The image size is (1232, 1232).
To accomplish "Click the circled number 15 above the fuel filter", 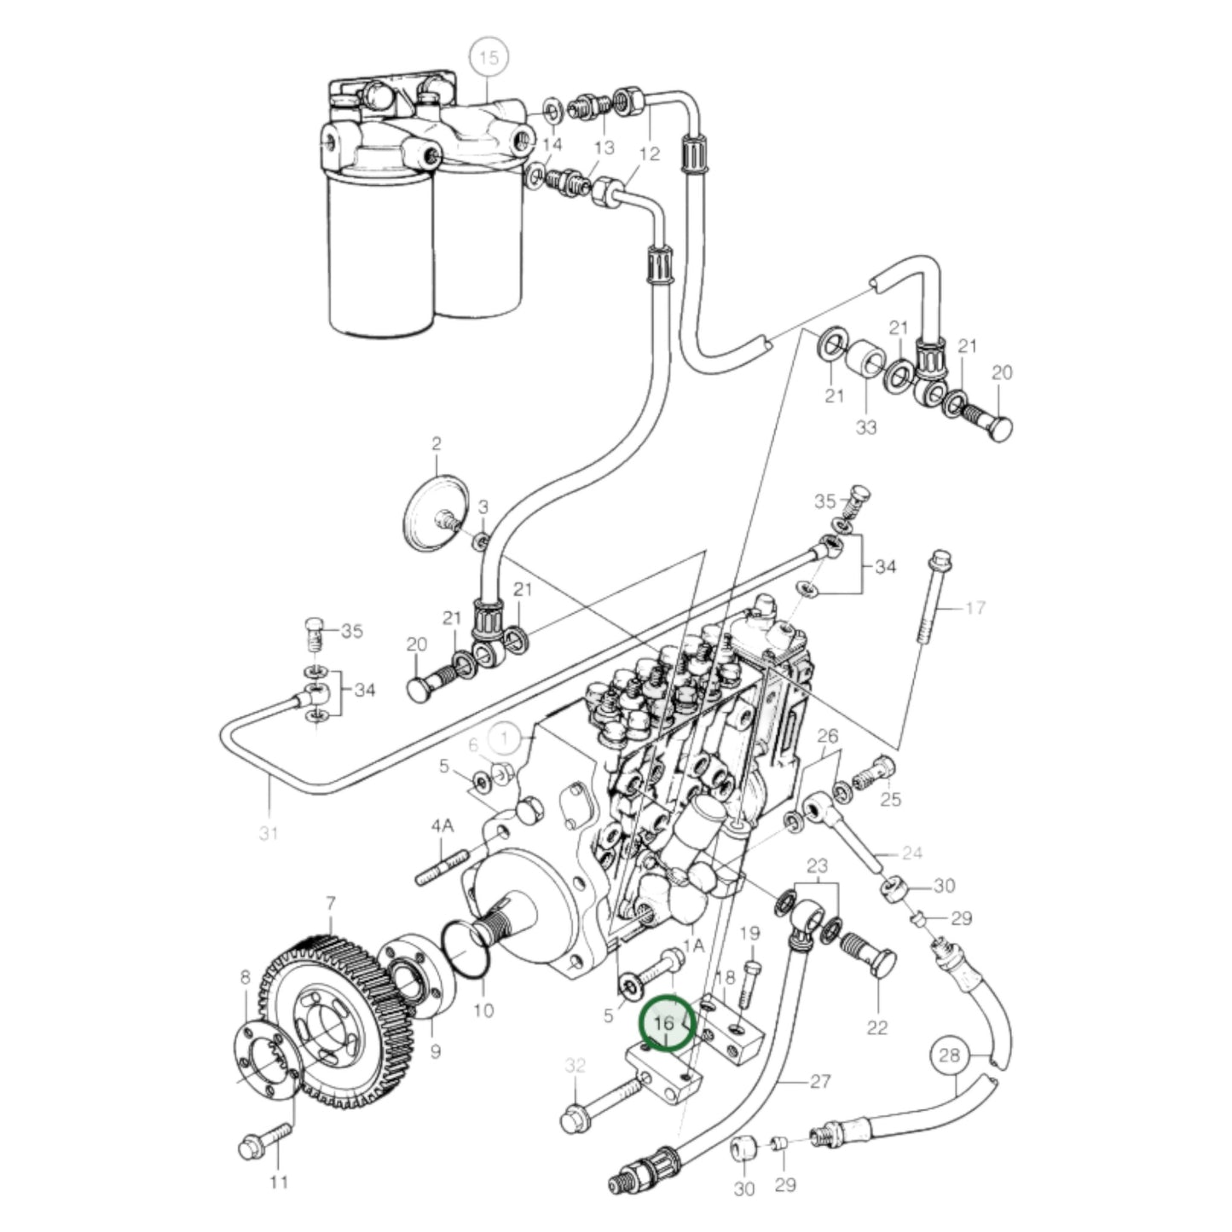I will pyautogui.click(x=489, y=59).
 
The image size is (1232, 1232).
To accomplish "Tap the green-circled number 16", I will pyautogui.click(x=665, y=1023).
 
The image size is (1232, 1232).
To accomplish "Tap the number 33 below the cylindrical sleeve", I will pyautogui.click(x=866, y=426).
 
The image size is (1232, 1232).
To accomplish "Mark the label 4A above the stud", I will pyautogui.click(x=442, y=826).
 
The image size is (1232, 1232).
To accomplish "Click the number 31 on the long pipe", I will pyautogui.click(x=269, y=833).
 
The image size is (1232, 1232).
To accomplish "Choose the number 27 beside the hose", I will pyautogui.click(x=819, y=1082).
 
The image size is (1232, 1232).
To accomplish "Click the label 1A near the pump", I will pyautogui.click(x=694, y=945).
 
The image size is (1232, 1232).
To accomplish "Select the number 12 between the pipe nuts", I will pyautogui.click(x=649, y=153).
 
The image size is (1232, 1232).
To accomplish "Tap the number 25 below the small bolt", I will pyautogui.click(x=890, y=800).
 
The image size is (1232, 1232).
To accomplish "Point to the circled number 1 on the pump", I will pyautogui.click(x=505, y=739).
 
